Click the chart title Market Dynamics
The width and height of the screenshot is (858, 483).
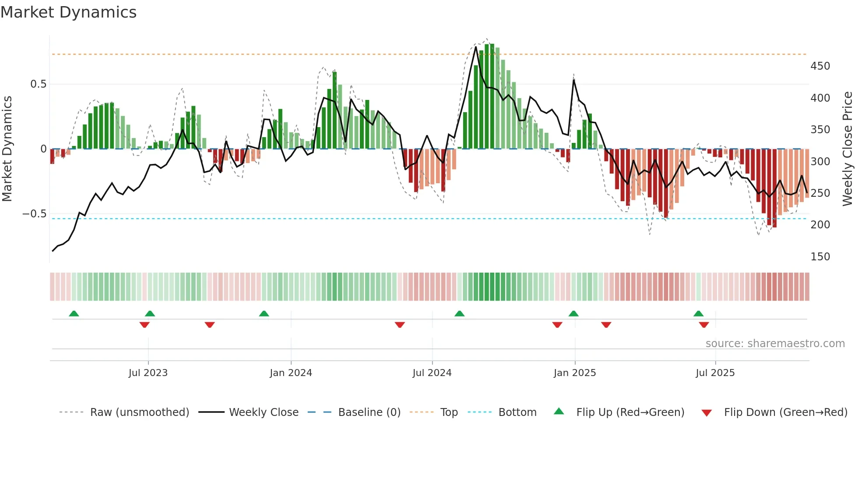(x=69, y=12)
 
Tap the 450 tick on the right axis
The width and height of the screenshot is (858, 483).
(x=820, y=66)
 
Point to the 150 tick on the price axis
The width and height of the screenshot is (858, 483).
(x=820, y=257)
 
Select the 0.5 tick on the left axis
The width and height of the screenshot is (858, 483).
(x=38, y=84)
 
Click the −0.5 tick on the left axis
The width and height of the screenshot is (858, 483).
(x=35, y=214)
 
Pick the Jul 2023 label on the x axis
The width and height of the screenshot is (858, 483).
(x=148, y=373)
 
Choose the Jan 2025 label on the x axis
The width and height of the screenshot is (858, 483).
(x=574, y=373)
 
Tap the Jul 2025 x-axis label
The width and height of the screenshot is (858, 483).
(x=715, y=373)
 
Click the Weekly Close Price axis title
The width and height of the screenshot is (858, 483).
(x=847, y=149)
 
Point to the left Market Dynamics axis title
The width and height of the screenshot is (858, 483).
(x=7, y=149)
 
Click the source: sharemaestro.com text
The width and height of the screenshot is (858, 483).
(x=775, y=344)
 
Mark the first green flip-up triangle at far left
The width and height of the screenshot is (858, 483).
(x=74, y=314)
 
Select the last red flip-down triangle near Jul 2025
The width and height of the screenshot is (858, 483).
(x=704, y=325)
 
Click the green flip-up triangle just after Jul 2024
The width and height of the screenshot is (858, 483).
(x=459, y=314)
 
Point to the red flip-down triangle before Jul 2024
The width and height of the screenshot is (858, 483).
(x=400, y=325)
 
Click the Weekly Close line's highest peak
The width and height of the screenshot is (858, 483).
(x=476, y=47)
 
